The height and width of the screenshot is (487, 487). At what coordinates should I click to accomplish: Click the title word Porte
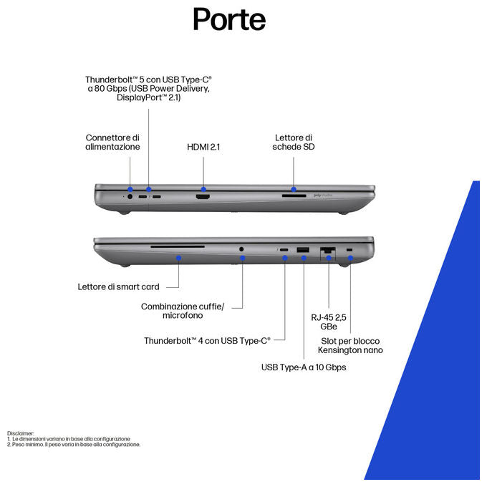click(229, 19)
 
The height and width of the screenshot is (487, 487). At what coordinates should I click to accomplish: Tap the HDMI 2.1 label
click(203, 147)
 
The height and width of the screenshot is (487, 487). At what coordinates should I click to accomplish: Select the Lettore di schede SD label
click(294, 143)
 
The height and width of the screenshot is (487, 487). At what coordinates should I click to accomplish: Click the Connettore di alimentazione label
click(112, 143)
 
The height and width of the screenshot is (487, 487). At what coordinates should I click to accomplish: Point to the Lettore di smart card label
click(118, 286)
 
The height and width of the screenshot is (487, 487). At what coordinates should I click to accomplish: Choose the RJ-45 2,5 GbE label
click(329, 322)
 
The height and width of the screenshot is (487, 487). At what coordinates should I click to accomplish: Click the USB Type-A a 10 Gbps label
click(304, 367)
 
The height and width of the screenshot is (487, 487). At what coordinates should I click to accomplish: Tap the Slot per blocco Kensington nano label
click(350, 346)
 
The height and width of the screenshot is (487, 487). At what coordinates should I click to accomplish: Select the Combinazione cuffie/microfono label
click(183, 311)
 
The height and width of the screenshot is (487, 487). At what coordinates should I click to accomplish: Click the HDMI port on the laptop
click(203, 197)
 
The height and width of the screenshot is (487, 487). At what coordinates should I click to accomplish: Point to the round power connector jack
click(130, 197)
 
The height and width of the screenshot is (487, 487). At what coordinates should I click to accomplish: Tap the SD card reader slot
click(294, 196)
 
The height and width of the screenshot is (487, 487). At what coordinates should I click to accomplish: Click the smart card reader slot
click(178, 246)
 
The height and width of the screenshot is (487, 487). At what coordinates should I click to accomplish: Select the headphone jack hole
click(241, 249)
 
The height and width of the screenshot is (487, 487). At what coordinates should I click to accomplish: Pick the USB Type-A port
click(303, 250)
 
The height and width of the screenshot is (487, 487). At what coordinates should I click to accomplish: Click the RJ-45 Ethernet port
click(328, 250)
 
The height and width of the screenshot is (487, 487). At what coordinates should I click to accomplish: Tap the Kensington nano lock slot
click(349, 250)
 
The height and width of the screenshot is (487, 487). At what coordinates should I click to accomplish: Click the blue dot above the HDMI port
click(203, 189)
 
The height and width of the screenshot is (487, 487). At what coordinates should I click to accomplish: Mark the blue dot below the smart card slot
click(178, 258)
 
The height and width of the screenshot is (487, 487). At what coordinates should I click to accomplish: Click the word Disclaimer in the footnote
click(21, 433)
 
